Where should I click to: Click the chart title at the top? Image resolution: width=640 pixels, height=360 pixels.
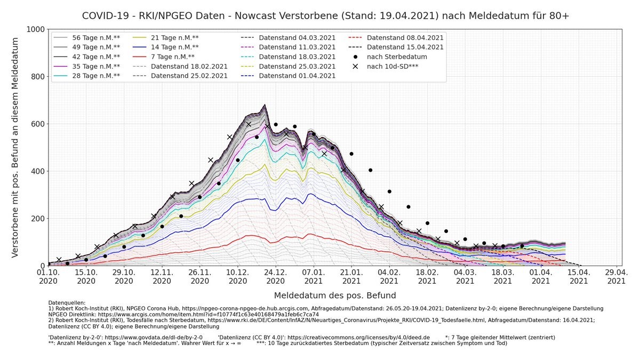pos(325,16)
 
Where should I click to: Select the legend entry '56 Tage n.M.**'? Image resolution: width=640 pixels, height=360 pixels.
pos(96,37)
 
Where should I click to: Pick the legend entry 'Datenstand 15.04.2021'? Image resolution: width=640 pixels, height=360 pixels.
pos(405,47)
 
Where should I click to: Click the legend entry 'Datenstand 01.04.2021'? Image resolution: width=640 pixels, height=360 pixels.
pos(297,76)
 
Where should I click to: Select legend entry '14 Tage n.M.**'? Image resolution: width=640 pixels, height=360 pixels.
pos(173,47)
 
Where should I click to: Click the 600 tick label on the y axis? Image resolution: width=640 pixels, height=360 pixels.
pos(37,124)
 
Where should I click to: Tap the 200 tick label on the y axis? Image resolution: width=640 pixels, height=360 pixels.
pos(37,219)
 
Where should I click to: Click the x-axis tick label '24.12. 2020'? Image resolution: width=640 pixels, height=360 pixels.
pos(276,276)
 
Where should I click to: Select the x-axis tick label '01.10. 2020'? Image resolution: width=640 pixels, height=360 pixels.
pos(49,276)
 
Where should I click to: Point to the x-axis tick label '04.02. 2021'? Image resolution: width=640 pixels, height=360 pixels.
pos(389,276)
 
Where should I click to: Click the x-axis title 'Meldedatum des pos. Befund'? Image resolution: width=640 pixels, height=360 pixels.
pos(335,295)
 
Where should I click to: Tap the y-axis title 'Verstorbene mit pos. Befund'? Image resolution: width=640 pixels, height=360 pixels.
pos(15,147)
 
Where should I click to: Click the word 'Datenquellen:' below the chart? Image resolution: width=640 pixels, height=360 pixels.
pos(67,302)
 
